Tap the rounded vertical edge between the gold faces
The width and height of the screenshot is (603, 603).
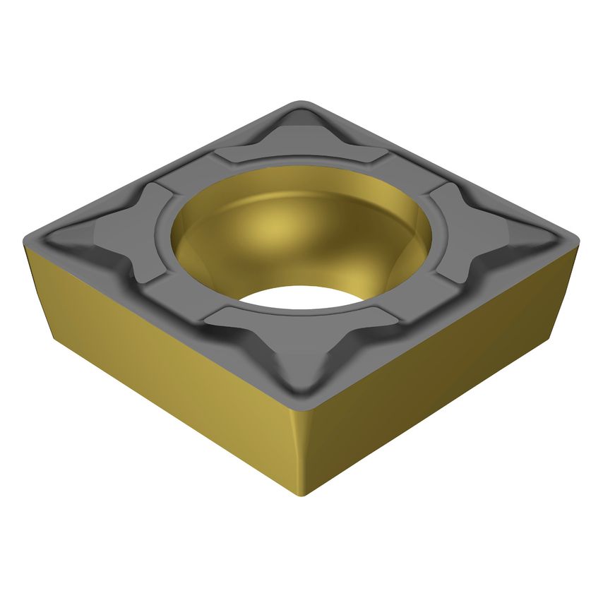(x=304, y=452)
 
